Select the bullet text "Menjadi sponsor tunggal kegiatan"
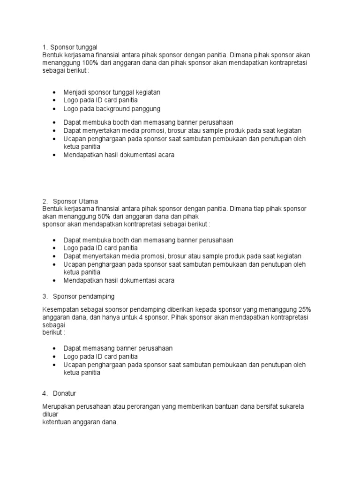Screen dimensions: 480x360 (x=112, y=92)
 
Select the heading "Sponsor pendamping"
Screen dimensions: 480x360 (x=84, y=296)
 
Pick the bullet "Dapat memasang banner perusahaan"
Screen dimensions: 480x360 (x=118, y=348)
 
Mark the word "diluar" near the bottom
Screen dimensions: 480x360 (x=50, y=414)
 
